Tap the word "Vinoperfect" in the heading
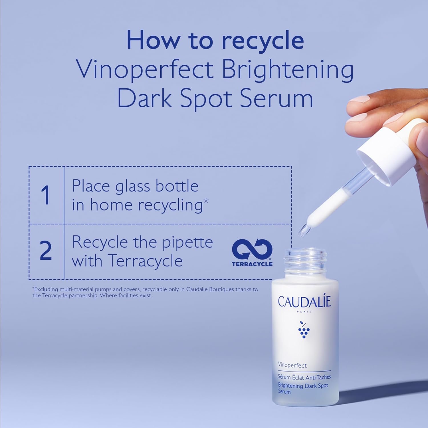(145, 69)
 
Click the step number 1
(46, 195)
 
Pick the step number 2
(46, 251)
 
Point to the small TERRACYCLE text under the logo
(252, 264)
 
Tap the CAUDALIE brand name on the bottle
(304, 302)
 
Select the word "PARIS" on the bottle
(304, 312)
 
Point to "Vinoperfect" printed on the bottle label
(292, 365)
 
